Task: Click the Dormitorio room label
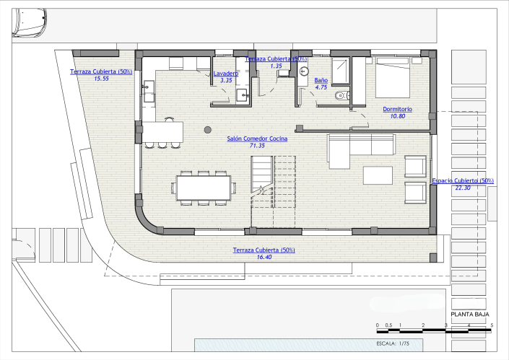(398, 109)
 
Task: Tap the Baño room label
(321, 80)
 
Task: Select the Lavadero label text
(226, 74)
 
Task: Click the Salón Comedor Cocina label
(257, 138)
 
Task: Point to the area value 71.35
(257, 145)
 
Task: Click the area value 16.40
(264, 257)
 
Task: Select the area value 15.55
(101, 79)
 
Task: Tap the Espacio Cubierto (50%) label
(463, 180)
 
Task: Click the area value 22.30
(463, 188)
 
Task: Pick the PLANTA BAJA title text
(470, 315)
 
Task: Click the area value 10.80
(398, 116)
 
